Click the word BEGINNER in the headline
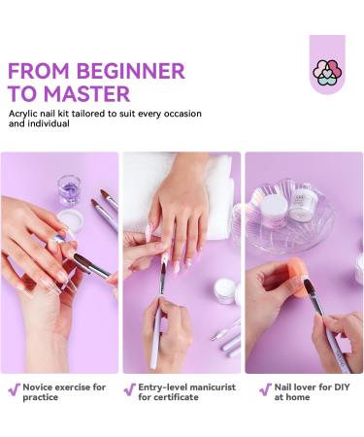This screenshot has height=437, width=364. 130,71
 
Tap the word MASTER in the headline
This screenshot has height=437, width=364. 86,94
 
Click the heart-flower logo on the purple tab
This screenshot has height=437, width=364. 327,73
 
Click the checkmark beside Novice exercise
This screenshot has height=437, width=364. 15,389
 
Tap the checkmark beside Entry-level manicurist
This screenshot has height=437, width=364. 130,389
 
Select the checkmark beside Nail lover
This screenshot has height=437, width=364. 265,389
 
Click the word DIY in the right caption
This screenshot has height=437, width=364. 342,387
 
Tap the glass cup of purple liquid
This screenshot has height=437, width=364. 69,189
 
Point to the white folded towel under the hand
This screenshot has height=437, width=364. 182,194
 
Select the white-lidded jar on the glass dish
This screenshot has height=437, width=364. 274,209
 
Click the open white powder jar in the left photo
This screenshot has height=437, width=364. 70,220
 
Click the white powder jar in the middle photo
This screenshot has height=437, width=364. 225,290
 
